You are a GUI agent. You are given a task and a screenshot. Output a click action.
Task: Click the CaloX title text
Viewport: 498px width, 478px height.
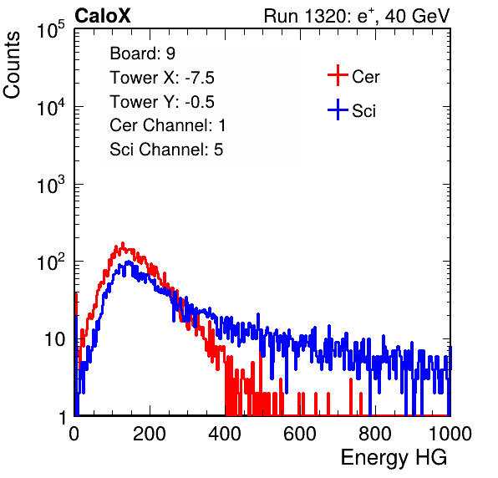(x=102, y=16)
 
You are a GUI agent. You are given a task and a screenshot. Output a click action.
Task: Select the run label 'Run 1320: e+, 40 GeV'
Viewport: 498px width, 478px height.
(x=357, y=16)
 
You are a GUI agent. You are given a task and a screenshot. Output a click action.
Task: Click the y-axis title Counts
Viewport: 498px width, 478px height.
(x=12, y=65)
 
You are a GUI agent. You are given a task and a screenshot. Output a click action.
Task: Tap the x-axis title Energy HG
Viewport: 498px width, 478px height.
(x=394, y=458)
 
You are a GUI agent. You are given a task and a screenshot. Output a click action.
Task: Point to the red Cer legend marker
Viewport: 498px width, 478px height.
(x=338, y=75)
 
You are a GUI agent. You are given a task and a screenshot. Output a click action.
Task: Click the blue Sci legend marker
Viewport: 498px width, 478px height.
(x=338, y=110)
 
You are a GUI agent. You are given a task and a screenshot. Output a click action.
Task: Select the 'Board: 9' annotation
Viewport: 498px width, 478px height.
(x=142, y=53)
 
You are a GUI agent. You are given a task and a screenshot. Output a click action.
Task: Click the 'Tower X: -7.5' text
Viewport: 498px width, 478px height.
(x=162, y=78)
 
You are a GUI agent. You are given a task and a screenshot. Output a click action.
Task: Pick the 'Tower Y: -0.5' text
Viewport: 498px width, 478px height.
(x=162, y=102)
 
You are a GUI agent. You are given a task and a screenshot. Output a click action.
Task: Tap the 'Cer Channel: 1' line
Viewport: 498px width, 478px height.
(x=168, y=125)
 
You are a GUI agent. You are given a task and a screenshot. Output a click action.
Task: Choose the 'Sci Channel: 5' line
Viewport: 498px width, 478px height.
(x=166, y=150)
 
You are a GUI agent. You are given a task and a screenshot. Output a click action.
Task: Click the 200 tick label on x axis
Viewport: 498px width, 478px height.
(x=150, y=434)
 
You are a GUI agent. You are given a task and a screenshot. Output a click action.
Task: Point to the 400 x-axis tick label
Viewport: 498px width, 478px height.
(x=225, y=434)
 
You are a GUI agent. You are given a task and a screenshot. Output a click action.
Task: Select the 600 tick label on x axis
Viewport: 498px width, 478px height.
(x=300, y=434)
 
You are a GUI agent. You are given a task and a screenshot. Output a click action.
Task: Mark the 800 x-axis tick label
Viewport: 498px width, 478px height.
(x=375, y=434)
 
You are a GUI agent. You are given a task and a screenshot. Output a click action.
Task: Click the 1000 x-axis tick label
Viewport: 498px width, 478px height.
(x=450, y=434)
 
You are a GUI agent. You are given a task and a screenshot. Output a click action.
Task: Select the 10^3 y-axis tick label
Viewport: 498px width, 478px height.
(x=51, y=185)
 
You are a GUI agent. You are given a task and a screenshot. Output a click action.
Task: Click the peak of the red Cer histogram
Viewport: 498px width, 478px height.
(x=123, y=243)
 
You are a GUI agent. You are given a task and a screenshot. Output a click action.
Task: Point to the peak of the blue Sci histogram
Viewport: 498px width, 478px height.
(x=129, y=262)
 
